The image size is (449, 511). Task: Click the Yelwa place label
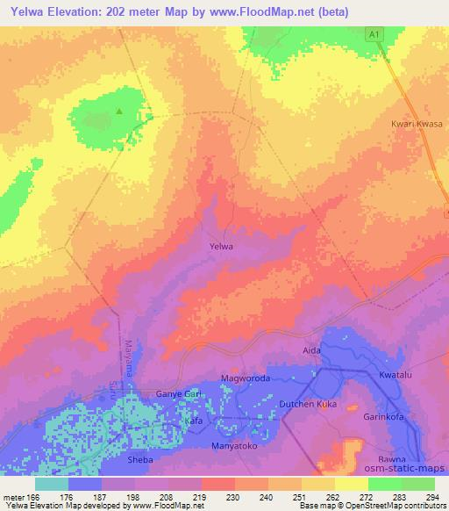click(221, 247)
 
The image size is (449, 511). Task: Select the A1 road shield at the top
click(374, 32)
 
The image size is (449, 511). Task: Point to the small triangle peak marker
click(120, 111)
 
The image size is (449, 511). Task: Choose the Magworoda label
click(242, 378)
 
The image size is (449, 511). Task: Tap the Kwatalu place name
click(396, 375)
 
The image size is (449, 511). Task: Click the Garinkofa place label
click(383, 417)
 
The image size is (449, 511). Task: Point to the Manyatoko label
click(234, 446)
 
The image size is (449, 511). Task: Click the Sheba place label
click(141, 459)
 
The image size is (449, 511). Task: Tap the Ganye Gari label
click(179, 394)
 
